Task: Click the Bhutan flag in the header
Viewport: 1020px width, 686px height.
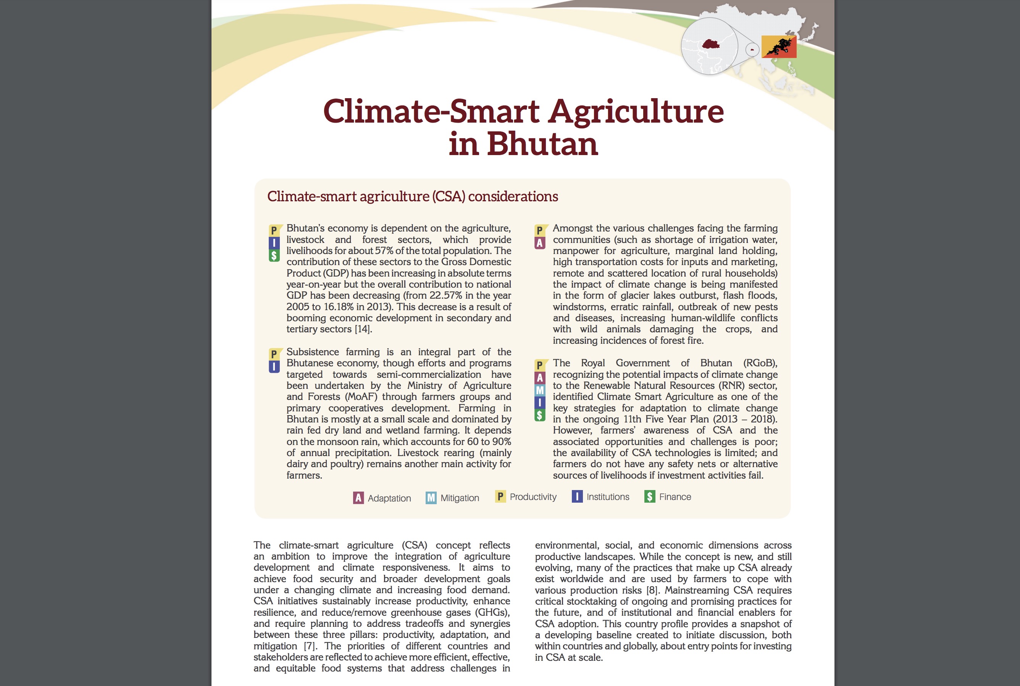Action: coord(779,47)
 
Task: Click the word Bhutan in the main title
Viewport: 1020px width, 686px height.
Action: coord(542,144)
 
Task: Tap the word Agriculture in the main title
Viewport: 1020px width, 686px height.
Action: coord(636,111)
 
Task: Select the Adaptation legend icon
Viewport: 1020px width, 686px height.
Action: coord(358,498)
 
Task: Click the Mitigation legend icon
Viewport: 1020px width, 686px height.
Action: coord(431,498)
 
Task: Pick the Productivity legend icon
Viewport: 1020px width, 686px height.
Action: coord(500,497)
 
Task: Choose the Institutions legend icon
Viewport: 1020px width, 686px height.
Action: coord(577,497)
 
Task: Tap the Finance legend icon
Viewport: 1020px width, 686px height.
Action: coord(649,497)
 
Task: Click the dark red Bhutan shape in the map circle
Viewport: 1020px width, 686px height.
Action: coord(710,44)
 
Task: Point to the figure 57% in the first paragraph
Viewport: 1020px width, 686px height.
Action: coord(384,251)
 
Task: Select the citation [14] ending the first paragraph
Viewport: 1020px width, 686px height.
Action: coord(363,329)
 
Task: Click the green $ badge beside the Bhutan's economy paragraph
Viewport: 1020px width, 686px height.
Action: coord(274,256)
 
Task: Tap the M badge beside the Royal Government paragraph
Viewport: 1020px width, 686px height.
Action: coord(540,390)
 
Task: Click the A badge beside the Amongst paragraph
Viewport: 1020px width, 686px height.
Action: coord(540,243)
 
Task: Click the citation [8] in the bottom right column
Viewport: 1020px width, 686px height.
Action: coord(652,590)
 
